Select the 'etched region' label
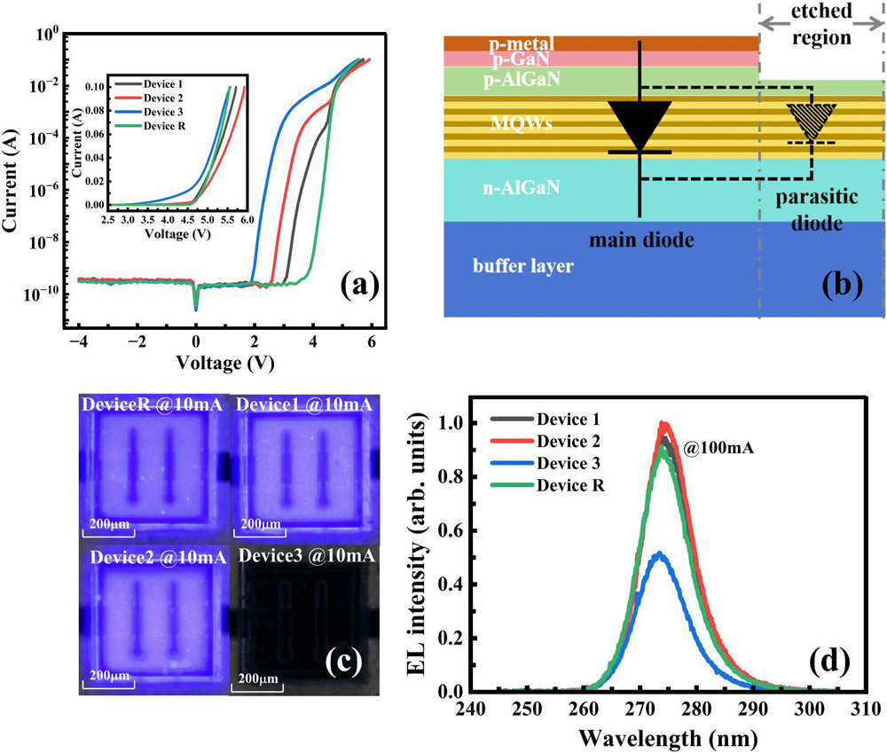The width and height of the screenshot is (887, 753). [820, 27]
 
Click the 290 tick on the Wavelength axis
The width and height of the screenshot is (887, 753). [752, 710]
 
